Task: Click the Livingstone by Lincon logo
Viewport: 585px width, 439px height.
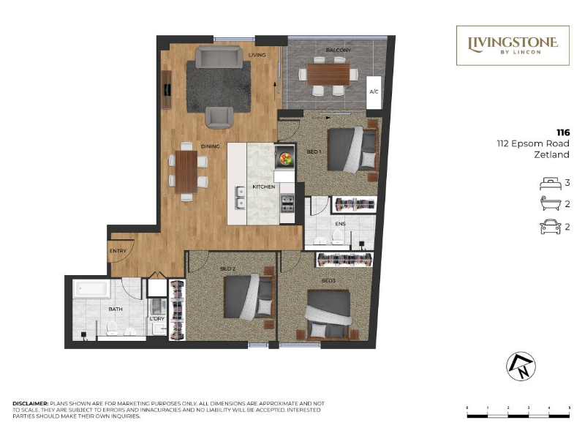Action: (513, 45)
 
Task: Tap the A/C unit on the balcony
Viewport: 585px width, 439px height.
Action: (374, 92)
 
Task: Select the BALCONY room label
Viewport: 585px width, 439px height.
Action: (338, 50)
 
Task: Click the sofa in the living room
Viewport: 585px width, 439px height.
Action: (219, 57)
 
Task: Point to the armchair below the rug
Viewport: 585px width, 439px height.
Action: (219, 118)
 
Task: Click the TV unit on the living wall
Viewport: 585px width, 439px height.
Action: (167, 89)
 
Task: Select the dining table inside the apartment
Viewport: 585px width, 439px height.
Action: (186, 172)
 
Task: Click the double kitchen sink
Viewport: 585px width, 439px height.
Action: (240, 198)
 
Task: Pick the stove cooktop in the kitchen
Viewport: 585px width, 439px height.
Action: (287, 203)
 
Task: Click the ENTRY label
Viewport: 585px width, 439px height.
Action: (118, 251)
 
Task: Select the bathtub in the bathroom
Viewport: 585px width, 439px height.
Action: (91, 289)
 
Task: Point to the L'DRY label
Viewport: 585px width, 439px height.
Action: (157, 319)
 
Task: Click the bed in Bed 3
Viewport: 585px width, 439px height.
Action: (328, 315)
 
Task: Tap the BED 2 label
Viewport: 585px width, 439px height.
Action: (228, 269)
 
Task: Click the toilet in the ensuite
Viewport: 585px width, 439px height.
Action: (337, 237)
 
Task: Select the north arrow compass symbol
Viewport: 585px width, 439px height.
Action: (521, 367)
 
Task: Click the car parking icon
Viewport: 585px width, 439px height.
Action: (551, 227)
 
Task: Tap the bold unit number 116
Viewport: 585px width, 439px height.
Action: (563, 132)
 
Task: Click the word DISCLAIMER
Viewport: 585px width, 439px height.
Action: (31, 404)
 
